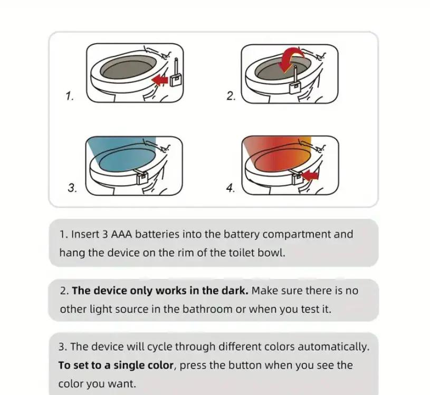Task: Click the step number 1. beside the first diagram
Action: (x=70, y=96)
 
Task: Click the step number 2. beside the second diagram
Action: (x=231, y=96)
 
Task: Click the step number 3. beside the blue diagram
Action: (x=72, y=188)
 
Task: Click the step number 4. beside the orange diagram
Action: (x=231, y=188)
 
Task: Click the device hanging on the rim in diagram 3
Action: (x=141, y=177)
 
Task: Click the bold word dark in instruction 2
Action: (x=236, y=291)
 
